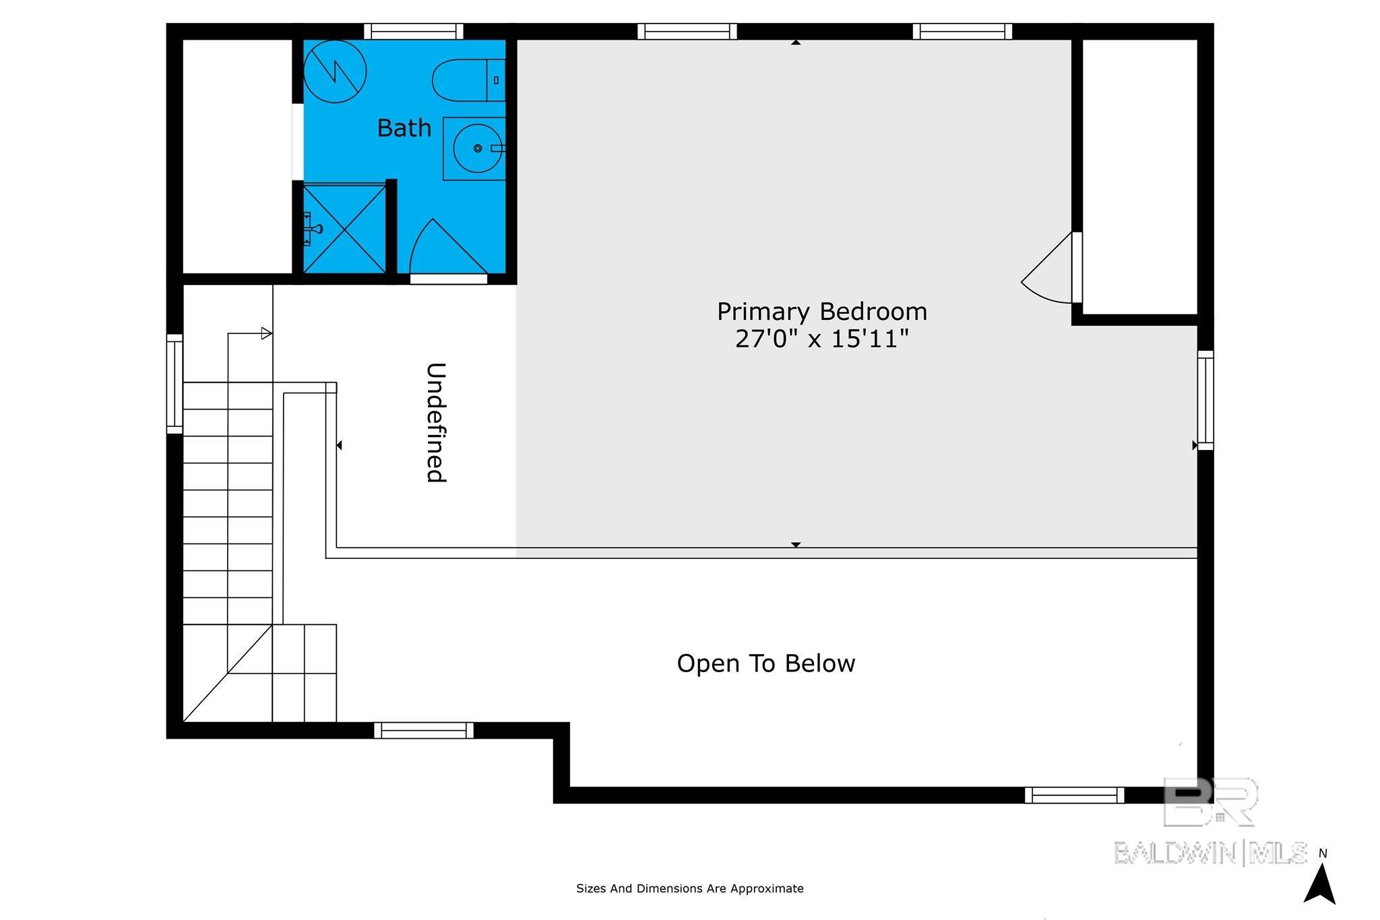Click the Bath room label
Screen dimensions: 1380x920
404,128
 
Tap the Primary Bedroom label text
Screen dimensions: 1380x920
822,312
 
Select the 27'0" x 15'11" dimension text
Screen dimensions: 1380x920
822,339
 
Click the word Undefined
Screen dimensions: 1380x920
436,422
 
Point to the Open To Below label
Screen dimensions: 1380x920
766,663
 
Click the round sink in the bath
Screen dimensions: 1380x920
478,148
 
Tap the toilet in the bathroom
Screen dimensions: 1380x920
468,80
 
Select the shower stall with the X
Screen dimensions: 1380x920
344,229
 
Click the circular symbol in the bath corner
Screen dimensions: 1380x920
335,71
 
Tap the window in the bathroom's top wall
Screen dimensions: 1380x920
414,32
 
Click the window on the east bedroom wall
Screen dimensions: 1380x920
1205,400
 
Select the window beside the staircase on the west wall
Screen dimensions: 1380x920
175,383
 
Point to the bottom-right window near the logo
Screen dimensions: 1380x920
1075,795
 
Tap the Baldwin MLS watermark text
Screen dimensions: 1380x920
1210,853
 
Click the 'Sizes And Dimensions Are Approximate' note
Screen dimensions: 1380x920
690,888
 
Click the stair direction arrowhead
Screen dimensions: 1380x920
267,333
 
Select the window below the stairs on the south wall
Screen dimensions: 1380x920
424,730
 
